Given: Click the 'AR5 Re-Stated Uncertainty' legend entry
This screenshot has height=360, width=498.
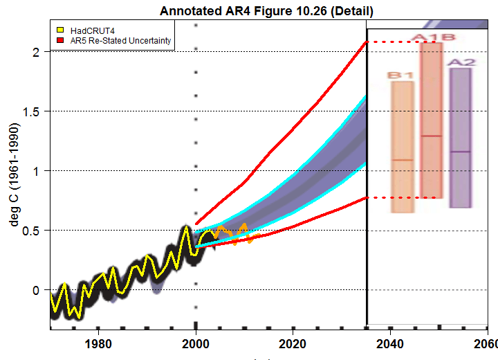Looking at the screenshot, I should point(120,42).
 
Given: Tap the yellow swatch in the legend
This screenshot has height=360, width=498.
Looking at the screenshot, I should point(60,31).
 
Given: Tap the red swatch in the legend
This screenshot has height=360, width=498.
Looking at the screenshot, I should point(60,42).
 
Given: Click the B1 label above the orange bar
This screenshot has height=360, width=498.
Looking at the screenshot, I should point(400,74).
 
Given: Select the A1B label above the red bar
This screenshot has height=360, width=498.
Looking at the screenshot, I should point(434,37).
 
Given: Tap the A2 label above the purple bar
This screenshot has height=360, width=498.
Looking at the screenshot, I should point(461,62).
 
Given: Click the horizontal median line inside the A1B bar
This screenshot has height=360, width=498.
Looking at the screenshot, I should point(432,136).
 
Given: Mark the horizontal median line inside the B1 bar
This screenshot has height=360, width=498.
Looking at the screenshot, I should point(403,160).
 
